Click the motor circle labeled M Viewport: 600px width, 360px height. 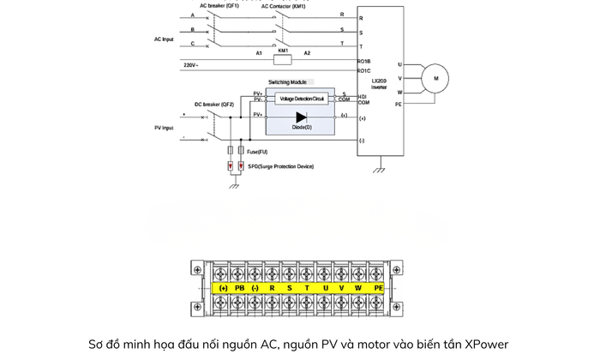(x=435, y=79)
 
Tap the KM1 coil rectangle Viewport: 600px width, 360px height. (x=283, y=60)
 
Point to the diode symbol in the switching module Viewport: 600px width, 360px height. (x=301, y=117)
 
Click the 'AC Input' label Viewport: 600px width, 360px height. (x=164, y=39)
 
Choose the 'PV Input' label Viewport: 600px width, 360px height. (x=163, y=128)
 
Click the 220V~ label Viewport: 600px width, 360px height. (x=191, y=65)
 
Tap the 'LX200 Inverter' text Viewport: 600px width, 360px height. (x=379, y=84)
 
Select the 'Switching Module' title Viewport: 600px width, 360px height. (x=287, y=82)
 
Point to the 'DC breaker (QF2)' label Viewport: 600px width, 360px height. (x=213, y=105)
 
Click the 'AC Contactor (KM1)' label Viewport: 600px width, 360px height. (x=283, y=5)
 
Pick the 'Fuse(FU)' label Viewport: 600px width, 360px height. (x=257, y=152)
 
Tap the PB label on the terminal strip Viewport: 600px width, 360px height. (x=240, y=288)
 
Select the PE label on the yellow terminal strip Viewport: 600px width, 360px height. (x=378, y=288)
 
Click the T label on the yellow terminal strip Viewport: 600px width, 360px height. (x=307, y=288)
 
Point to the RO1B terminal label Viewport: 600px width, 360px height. (x=364, y=61)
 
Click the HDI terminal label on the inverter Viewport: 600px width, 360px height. (x=363, y=96)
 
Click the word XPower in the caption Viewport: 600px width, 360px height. (x=486, y=345)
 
